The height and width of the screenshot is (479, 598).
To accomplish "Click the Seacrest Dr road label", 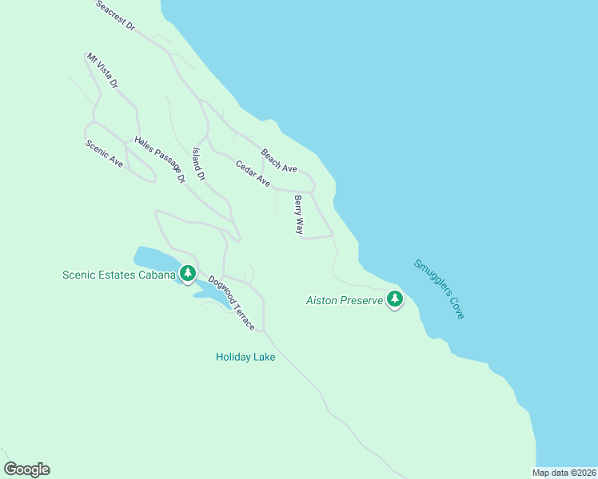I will [x=116, y=16].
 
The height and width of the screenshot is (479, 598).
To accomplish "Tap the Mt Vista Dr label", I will [x=102, y=70].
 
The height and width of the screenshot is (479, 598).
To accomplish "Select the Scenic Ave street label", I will [x=104, y=154].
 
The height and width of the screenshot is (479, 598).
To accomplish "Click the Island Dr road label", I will [x=199, y=164].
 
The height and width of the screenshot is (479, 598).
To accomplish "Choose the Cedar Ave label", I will [x=253, y=173].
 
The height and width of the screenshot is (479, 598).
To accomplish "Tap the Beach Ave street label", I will [x=279, y=160].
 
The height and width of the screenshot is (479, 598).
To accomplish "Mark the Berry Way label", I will [x=299, y=215].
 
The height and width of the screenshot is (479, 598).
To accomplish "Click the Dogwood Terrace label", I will [x=232, y=303].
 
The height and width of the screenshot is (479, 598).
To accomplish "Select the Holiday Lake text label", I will [x=245, y=357].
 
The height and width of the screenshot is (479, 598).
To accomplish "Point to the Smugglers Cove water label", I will [x=439, y=289].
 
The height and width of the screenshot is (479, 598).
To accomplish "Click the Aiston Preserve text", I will [x=345, y=301].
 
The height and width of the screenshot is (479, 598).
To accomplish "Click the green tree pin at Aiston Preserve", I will [x=394, y=299].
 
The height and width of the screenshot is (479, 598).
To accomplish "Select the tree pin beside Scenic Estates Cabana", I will [x=188, y=274].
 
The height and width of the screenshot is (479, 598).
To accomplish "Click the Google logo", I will [x=26, y=469].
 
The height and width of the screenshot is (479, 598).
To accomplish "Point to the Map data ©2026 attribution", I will [x=564, y=473].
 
